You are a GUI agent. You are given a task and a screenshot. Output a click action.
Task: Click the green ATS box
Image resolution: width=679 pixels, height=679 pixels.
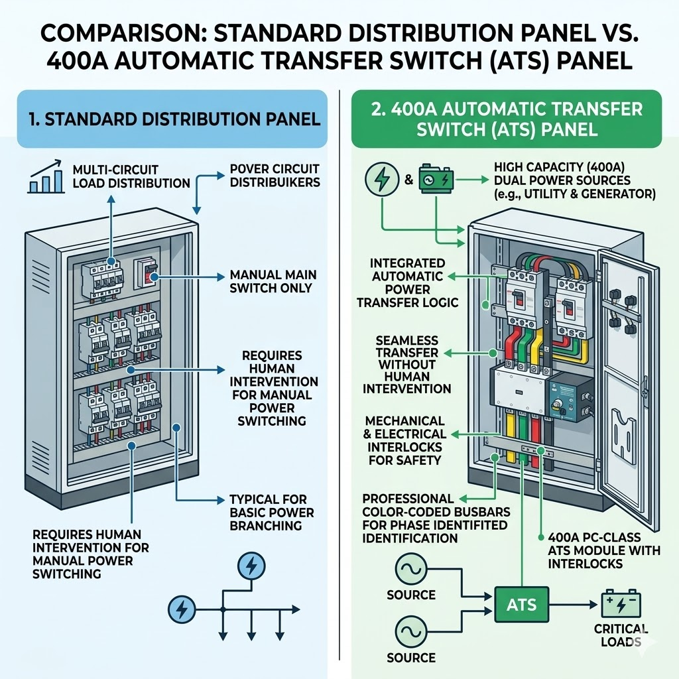[x=521, y=605]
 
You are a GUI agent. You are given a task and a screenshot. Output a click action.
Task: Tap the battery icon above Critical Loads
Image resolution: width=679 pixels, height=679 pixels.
[x=621, y=604]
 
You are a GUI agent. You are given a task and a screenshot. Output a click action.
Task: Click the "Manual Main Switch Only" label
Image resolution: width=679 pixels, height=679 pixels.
[x=273, y=281]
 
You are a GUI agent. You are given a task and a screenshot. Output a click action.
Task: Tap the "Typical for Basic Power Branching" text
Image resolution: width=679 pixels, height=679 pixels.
[x=271, y=513]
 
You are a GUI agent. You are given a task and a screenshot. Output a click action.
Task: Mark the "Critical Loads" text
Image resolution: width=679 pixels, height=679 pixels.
[x=621, y=635]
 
